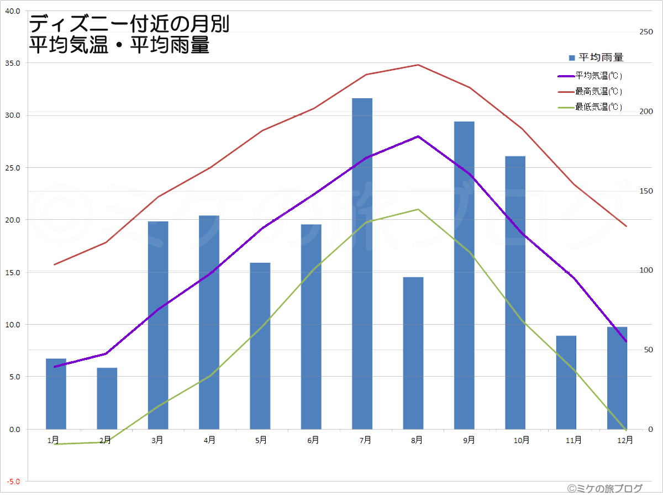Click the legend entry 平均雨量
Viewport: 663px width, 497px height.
(596, 57)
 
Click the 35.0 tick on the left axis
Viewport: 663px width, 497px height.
(13, 63)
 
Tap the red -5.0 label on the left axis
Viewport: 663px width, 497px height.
(13, 482)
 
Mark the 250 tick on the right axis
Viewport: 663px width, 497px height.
(646, 32)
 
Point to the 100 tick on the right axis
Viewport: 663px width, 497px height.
(646, 271)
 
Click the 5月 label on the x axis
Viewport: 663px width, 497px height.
(261, 440)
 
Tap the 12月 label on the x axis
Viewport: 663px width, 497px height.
(625, 440)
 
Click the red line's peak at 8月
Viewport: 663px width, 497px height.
(418, 65)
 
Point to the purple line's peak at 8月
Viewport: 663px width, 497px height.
(418, 136)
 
